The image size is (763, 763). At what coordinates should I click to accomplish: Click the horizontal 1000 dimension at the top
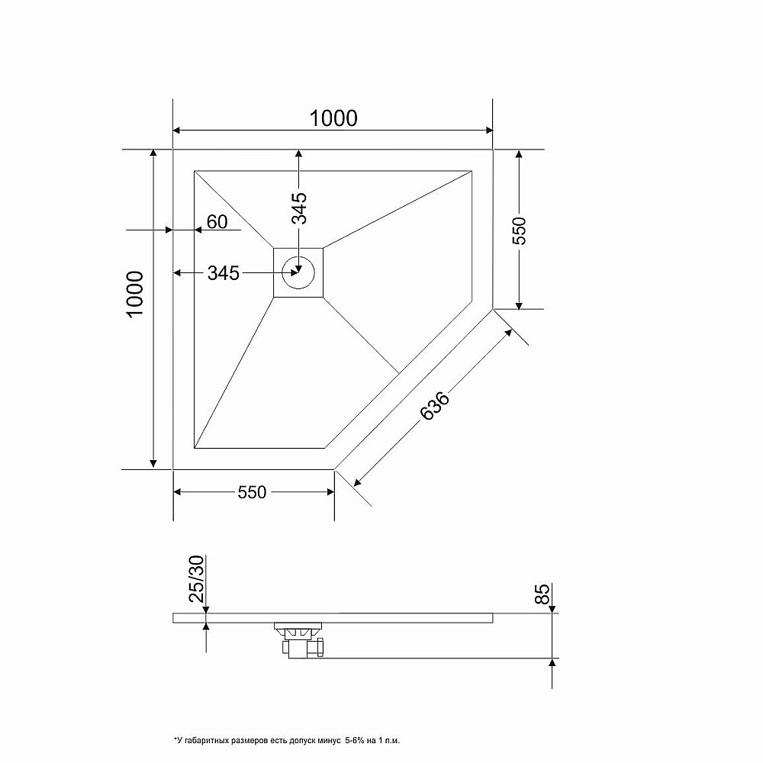click(333, 118)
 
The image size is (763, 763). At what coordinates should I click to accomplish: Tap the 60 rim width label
click(217, 222)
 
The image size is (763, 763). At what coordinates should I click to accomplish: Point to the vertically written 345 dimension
click(299, 208)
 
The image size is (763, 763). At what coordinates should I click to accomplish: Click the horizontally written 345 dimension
click(224, 273)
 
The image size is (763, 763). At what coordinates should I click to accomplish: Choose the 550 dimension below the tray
click(252, 493)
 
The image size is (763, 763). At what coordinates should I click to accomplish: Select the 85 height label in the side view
click(542, 594)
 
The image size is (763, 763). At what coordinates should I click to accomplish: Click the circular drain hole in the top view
click(298, 270)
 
